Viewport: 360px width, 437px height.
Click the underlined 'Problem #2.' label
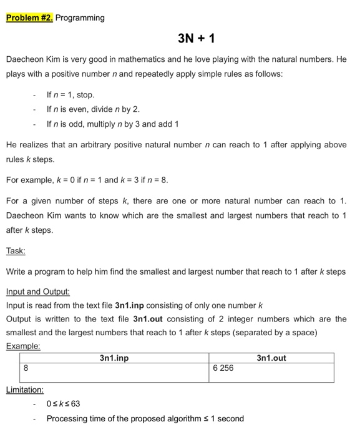29,17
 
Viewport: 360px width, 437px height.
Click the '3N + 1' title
197,39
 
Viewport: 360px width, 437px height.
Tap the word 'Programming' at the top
80,17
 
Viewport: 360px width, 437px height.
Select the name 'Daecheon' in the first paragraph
24,60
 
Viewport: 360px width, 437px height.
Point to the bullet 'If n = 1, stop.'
71,95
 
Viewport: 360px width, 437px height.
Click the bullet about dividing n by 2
89,109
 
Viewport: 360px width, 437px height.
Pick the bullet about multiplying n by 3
112,124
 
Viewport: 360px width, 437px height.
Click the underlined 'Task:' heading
16,251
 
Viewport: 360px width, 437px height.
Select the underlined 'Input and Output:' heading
37,292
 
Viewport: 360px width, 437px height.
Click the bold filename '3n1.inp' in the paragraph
129,306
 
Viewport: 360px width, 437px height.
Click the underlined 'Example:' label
23,345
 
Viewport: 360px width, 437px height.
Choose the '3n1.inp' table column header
114,358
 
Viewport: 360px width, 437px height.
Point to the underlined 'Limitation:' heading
25,390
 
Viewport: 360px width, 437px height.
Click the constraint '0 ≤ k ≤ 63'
64,404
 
